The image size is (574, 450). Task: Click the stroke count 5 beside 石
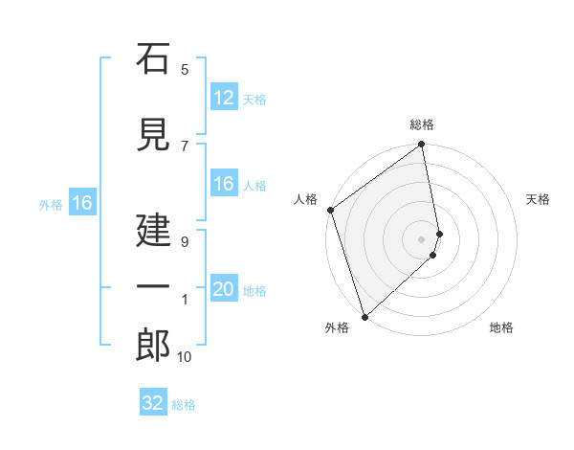185,69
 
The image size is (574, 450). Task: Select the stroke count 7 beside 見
185,146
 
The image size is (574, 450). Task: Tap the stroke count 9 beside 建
185,241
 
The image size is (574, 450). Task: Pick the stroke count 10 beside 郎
185,356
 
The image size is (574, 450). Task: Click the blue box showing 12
223,98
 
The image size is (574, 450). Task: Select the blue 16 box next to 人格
223,184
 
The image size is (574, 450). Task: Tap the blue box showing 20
223,289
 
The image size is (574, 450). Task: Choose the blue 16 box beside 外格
81,203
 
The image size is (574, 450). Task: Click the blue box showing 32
153,403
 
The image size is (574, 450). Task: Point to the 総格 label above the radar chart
422,124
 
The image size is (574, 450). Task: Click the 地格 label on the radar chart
501,328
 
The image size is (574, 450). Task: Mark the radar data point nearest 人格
330,210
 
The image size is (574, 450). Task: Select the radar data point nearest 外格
364,316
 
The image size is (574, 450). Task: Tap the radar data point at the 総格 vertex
422,146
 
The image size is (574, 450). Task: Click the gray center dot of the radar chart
422,238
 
